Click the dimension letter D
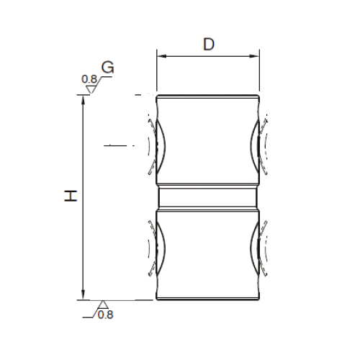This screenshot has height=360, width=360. [x=208, y=44]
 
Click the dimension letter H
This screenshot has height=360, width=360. [x=70, y=196]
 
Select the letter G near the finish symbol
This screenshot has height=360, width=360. [x=108, y=68]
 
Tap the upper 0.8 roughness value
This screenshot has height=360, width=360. [x=89, y=79]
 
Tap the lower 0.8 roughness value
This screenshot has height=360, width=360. [x=105, y=314]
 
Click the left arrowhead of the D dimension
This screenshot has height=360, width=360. [x=161, y=56]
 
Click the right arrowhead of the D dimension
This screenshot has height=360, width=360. [x=254, y=56]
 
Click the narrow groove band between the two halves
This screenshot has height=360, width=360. [x=207, y=196]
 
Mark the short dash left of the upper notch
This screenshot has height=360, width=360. [x=114, y=146]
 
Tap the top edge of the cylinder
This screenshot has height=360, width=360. [x=207, y=95]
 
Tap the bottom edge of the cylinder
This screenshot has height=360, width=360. [x=207, y=300]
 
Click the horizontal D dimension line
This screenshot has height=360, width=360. [x=207, y=56]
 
